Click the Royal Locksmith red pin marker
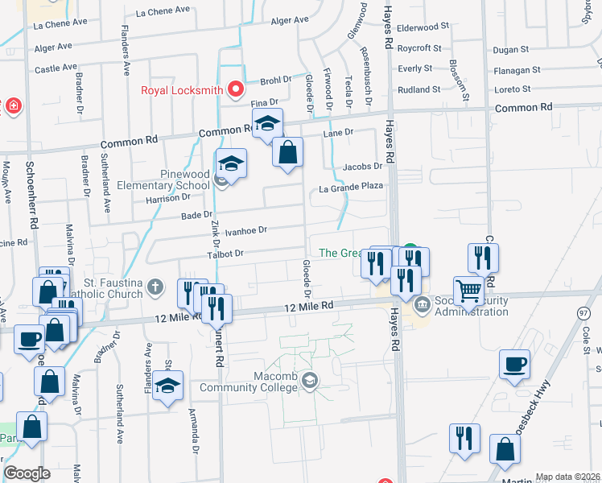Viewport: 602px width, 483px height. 236,89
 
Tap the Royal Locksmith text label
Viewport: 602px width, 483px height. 181,90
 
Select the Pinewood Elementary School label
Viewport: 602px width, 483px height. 163,180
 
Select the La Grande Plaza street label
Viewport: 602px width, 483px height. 351,188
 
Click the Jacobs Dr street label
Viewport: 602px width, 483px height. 361,167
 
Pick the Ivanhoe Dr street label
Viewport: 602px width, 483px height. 245,231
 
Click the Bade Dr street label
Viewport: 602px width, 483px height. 196,215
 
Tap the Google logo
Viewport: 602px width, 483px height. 27,473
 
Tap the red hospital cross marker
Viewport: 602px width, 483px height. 12,105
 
